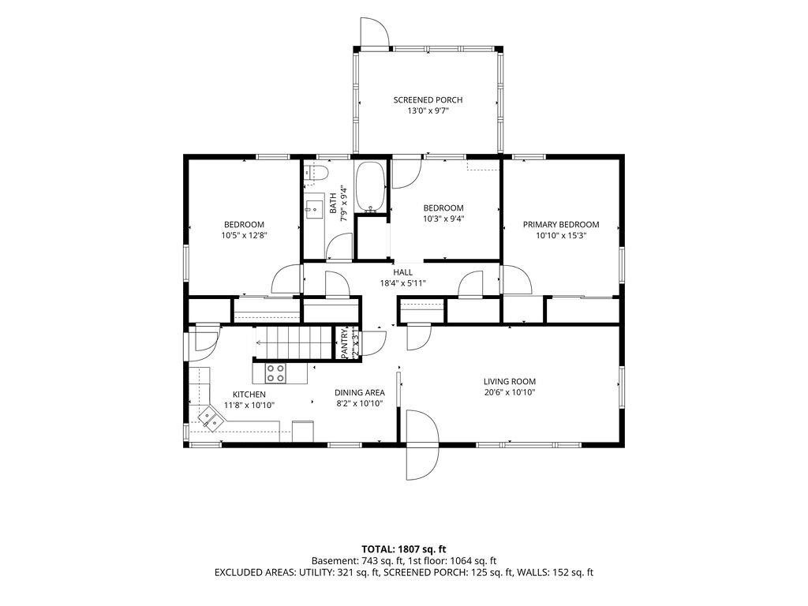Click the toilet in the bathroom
tap(317, 173)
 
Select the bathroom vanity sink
tap(312, 208)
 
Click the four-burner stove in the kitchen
tap(275, 373)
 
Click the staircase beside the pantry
tap(293, 342)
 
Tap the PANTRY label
tap(344, 342)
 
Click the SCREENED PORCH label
tap(428, 100)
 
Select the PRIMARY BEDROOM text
tap(561, 225)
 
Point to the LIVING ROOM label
tap(509, 382)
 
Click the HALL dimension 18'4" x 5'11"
tap(403, 283)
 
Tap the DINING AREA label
tap(359, 393)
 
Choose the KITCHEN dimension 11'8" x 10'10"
tap(249, 406)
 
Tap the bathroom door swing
tap(339, 246)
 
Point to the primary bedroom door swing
tap(516, 280)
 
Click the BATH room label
tap(334, 204)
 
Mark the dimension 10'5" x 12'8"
tap(244, 236)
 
